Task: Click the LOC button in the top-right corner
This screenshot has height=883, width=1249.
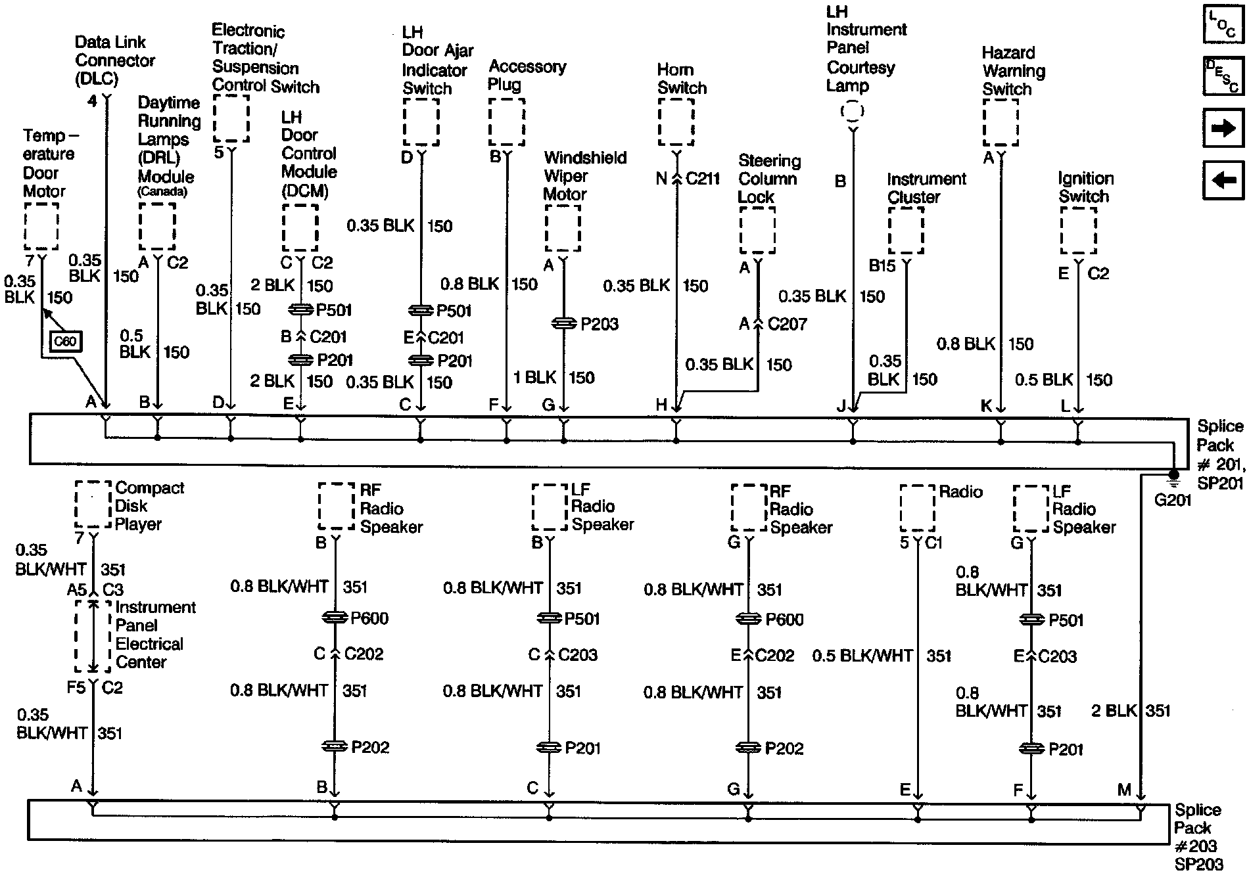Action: tap(1223, 25)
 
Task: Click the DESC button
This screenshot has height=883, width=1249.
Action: tap(1223, 76)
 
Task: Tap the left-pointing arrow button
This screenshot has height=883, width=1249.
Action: tap(1223, 179)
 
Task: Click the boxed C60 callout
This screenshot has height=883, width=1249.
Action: tap(65, 341)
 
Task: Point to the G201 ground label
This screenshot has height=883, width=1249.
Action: tap(1173, 501)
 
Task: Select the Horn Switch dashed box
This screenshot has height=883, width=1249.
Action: tap(676, 122)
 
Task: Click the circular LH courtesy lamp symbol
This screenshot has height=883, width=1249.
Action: tap(852, 111)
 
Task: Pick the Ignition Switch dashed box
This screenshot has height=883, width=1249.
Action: tap(1078, 231)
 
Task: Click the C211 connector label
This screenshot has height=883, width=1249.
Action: tap(703, 179)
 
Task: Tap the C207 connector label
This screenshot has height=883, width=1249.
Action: tap(787, 324)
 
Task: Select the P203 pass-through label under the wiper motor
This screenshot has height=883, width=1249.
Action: tap(600, 324)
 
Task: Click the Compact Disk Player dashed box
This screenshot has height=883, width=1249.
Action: tap(93, 504)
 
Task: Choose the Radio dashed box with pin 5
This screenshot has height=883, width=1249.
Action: tap(917, 508)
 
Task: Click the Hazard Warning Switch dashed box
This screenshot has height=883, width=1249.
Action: tap(1001, 122)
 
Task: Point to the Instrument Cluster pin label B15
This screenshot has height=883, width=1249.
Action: tap(882, 265)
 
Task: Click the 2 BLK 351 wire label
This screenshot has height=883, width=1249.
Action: tap(1131, 711)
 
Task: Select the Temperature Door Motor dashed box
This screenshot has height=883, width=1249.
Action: tap(41, 225)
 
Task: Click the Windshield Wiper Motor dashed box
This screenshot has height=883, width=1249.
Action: tap(563, 228)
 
